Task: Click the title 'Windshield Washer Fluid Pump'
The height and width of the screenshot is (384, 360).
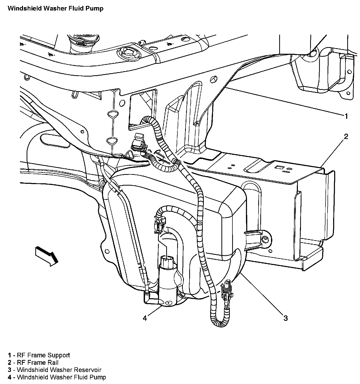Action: pos(55,8)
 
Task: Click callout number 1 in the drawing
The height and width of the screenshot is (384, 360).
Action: pos(346,116)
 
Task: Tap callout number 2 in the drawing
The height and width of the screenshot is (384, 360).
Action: pos(346,136)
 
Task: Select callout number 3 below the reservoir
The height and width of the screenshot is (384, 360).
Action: pos(285,318)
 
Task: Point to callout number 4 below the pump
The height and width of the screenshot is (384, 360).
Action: pos(145,318)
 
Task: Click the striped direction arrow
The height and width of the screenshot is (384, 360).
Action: pos(47,255)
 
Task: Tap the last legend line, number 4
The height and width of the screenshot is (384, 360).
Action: pos(57,377)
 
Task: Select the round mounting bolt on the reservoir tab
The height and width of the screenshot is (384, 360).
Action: pos(265,239)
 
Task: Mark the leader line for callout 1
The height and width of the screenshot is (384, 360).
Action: pos(281,101)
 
